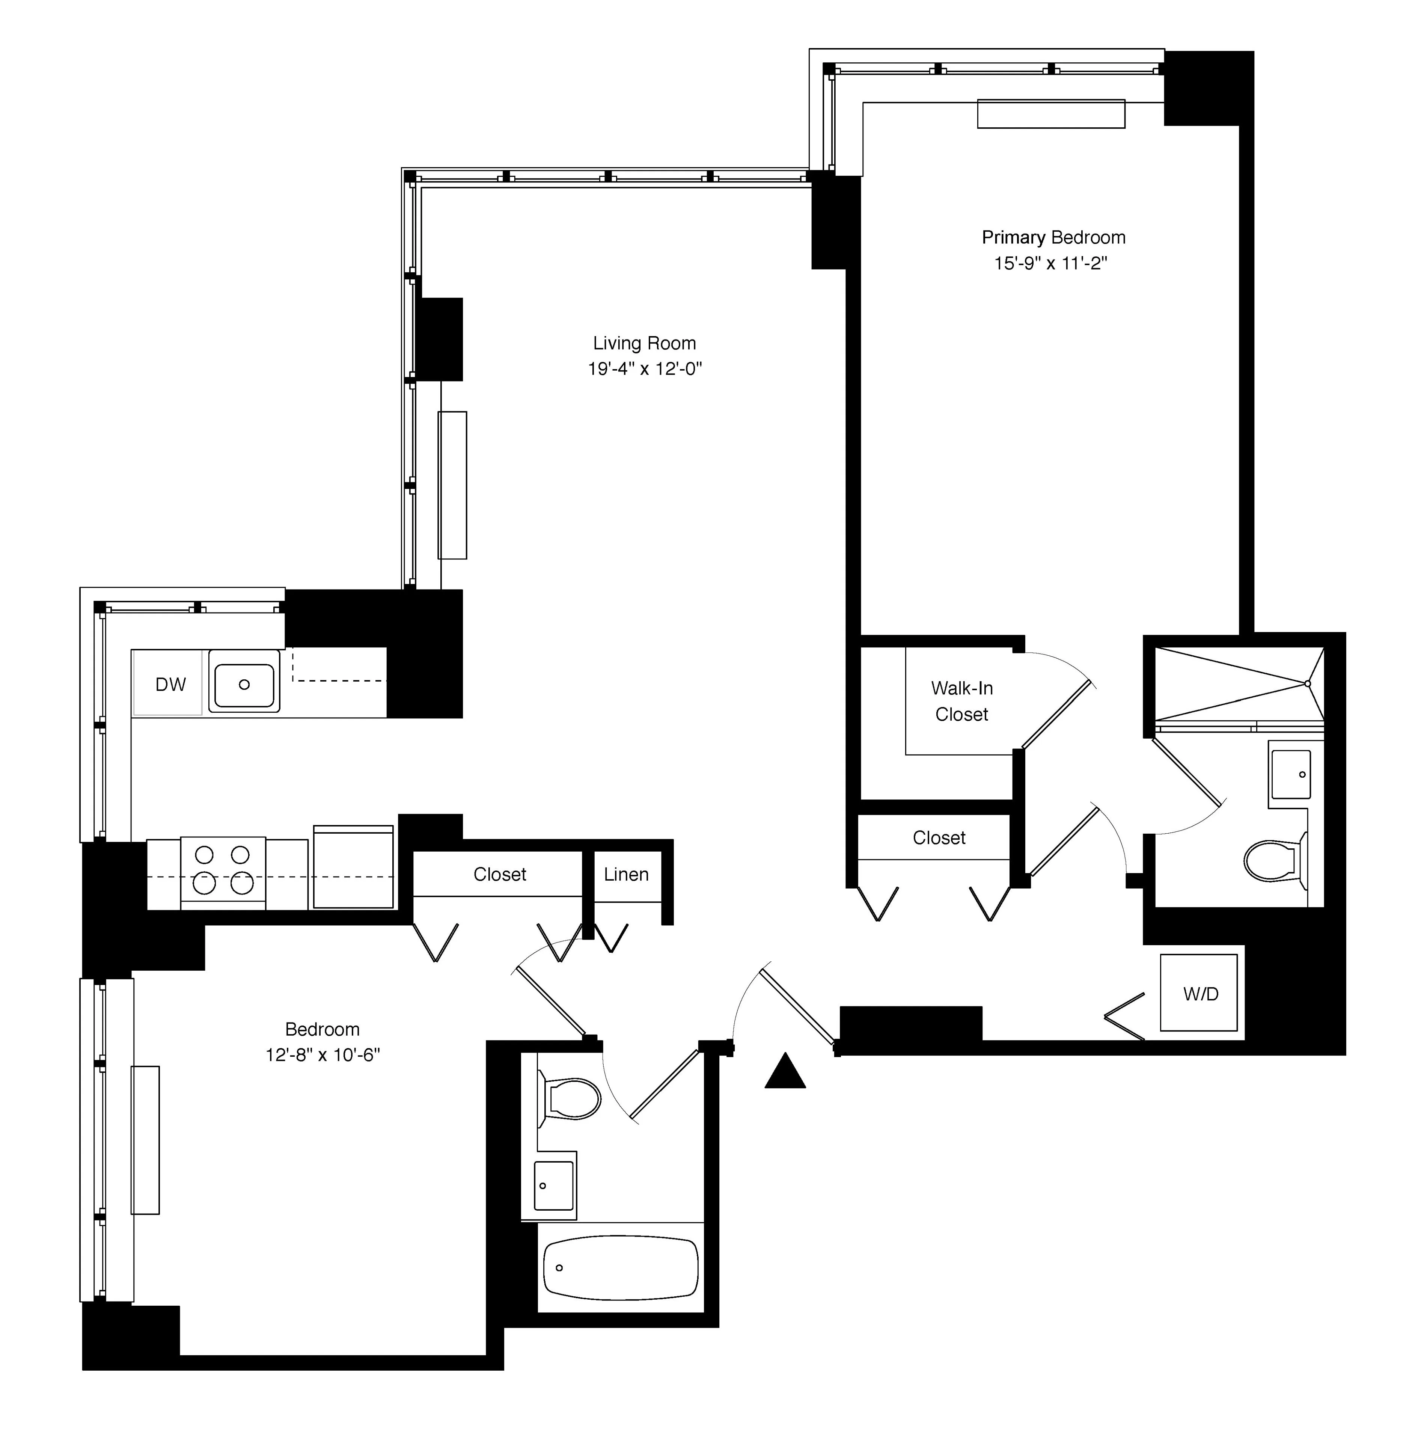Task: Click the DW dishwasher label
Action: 170,685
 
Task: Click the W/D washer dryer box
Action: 1199,993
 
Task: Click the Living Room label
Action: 644,343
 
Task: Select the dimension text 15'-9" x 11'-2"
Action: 1050,264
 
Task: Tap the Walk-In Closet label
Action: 961,701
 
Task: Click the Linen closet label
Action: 626,874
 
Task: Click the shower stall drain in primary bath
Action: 1307,683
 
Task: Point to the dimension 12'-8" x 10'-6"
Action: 322,1054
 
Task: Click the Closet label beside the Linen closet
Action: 499,874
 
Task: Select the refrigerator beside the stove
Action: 353,867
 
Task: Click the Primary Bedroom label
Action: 1053,237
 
